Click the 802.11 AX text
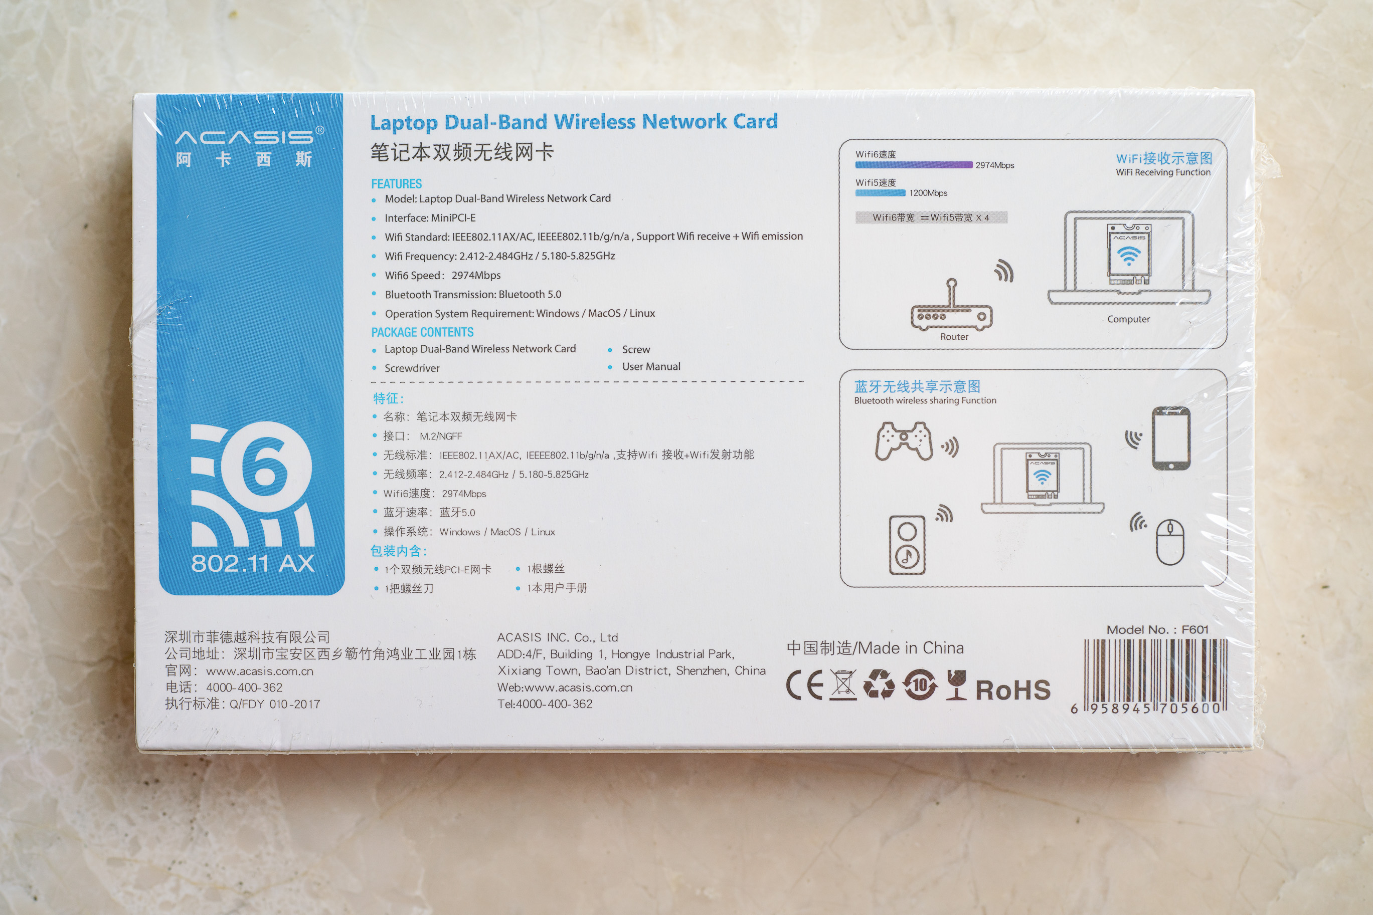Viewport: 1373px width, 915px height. (253, 563)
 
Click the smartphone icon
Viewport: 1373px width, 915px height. (1170, 437)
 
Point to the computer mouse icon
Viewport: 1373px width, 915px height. (1170, 542)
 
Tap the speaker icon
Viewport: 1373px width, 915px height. (907, 545)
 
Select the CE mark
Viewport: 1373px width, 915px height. (805, 685)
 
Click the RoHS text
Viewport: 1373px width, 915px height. (1013, 690)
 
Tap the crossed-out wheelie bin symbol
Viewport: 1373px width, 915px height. (843, 685)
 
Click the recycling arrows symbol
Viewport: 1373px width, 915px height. (879, 684)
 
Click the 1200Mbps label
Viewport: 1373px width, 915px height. (928, 193)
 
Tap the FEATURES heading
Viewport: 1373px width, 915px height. (397, 184)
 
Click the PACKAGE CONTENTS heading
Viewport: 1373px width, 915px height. (422, 332)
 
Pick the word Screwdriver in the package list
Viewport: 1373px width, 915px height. (412, 368)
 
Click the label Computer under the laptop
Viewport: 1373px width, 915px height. (1128, 319)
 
